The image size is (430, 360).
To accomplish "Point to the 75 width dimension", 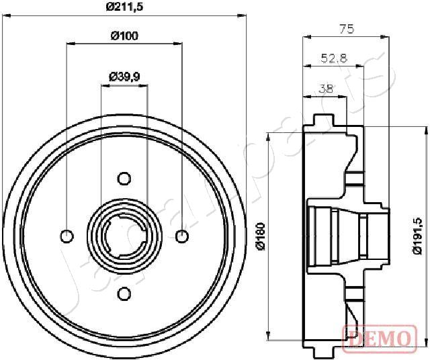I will (x=346, y=29).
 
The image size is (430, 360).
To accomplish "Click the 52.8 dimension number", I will (x=333, y=58).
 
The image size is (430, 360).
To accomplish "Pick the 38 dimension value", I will (x=325, y=87).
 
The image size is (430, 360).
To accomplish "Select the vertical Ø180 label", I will (x=263, y=236).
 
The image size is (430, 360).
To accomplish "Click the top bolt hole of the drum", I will (x=124, y=178).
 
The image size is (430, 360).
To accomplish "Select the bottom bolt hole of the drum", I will (x=124, y=293).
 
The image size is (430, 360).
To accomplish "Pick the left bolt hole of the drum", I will (x=67, y=236).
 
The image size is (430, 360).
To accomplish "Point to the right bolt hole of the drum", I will (x=181, y=236).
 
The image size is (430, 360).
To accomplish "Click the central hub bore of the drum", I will (x=124, y=236).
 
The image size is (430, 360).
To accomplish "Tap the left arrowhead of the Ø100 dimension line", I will (x=70, y=44).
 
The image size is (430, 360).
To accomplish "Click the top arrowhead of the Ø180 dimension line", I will (x=269, y=136).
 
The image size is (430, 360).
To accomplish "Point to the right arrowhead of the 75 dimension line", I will (x=386, y=38).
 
